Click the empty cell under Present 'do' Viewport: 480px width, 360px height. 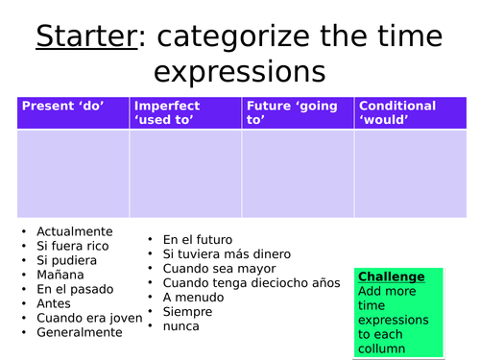click(73, 174)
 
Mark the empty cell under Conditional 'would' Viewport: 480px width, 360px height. click(411, 174)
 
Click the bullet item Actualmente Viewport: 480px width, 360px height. click(74, 231)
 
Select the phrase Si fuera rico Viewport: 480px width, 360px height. click(72, 246)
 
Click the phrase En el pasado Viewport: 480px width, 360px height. click(75, 289)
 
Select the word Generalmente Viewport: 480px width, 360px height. click(80, 332)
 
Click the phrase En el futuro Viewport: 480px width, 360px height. click(197, 239)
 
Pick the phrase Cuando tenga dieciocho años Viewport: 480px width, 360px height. click(252, 282)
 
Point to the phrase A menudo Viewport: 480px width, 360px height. click(194, 297)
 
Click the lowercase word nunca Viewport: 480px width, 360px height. click(181, 325)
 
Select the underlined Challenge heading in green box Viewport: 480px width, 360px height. click(391, 276)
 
